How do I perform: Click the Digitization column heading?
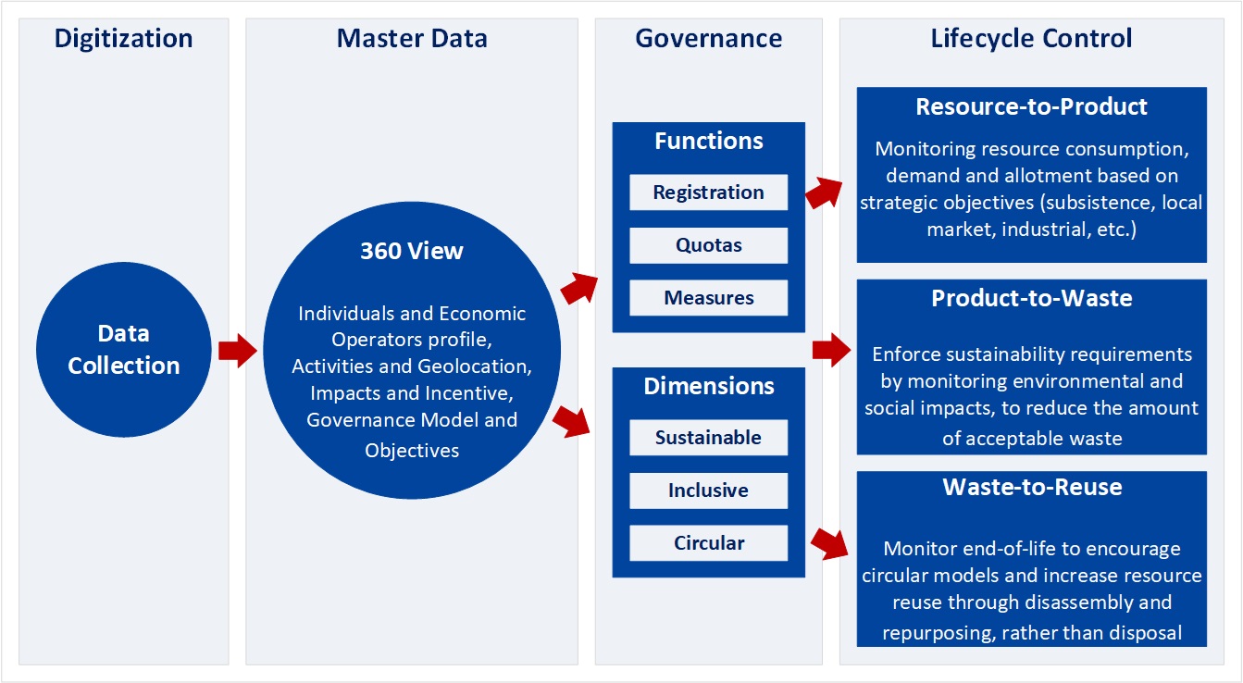(123, 39)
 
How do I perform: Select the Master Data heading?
(412, 38)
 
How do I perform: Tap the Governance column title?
(709, 38)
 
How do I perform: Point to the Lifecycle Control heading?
(1031, 38)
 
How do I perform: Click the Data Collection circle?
(124, 350)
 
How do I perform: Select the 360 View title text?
(412, 251)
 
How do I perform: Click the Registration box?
(709, 192)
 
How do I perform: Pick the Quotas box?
(709, 245)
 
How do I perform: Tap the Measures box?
(709, 298)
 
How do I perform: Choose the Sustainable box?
(709, 437)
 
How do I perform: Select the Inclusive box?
(709, 491)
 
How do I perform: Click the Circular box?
(709, 543)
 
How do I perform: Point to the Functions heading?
(709, 141)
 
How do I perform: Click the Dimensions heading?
(709, 386)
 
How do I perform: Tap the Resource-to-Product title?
(1031, 106)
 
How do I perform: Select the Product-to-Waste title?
(1032, 299)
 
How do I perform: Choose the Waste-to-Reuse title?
(1032, 487)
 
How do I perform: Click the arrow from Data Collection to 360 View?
(238, 350)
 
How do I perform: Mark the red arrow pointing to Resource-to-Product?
(824, 192)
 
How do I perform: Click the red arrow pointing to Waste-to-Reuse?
(829, 544)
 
